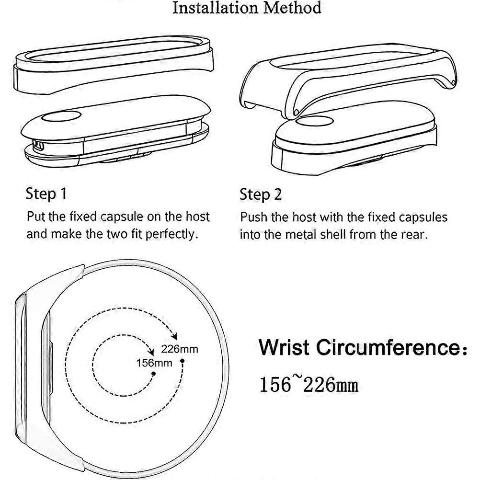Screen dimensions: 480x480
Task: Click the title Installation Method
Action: (247, 8)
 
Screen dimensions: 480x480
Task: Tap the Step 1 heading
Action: (46, 194)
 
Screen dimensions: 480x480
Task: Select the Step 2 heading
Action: (261, 194)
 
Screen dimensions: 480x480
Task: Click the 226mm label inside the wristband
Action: (180, 349)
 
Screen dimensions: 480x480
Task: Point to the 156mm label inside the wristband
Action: (154, 363)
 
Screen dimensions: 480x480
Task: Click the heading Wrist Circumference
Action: (363, 347)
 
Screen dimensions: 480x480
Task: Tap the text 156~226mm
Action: (309, 384)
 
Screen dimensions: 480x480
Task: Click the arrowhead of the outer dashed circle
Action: (174, 336)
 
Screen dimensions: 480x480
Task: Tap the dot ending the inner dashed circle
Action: (154, 374)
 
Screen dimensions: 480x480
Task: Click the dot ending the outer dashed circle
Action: (182, 361)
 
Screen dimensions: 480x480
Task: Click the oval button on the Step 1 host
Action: (61, 116)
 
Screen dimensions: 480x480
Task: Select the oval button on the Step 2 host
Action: (315, 121)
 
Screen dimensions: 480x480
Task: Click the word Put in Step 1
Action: (36, 217)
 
